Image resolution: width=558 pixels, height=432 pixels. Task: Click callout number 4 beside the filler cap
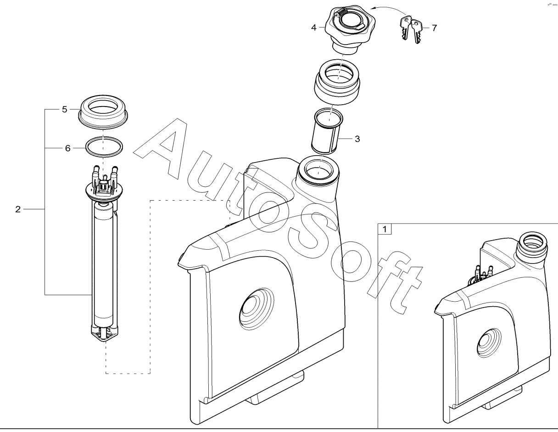[x=313, y=28]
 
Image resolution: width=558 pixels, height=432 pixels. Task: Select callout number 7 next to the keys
[x=434, y=28]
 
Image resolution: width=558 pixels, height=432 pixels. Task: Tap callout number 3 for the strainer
[x=357, y=139]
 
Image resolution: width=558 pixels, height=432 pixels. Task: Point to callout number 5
[x=64, y=109]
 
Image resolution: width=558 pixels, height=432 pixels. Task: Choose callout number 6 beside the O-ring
[x=67, y=148]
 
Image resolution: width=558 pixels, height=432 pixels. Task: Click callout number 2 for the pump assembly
[x=18, y=209]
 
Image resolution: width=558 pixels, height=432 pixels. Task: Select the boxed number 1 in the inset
[x=385, y=229]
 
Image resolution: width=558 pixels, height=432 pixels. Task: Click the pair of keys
[x=411, y=29]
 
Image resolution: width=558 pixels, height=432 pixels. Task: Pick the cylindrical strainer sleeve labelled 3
[x=327, y=131]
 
